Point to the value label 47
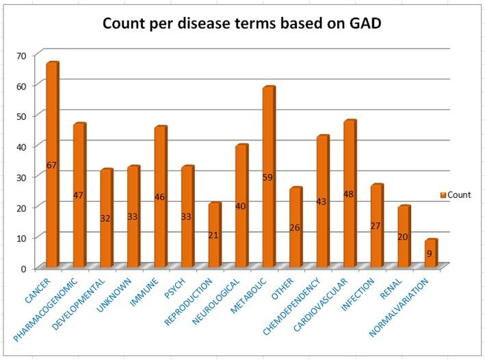tap(78, 196)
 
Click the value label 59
tap(268, 177)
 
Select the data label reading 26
tap(295, 227)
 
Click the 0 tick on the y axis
tap(24, 268)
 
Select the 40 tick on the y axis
tap(22, 145)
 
